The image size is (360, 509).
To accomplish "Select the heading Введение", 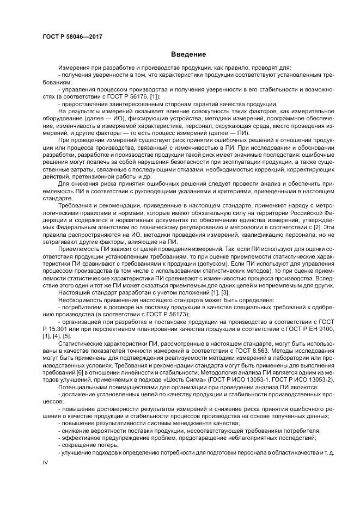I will pos(187,54).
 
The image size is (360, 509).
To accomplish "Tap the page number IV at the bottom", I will pos(46,462).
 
